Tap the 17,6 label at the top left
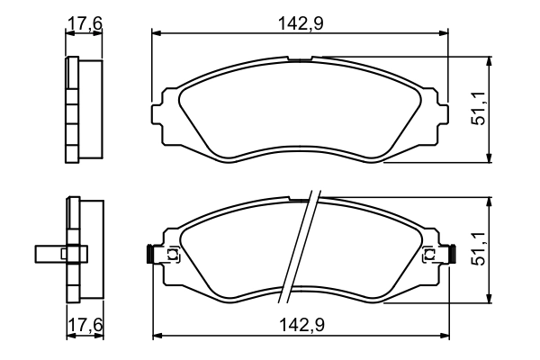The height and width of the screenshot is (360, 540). (x=85, y=23)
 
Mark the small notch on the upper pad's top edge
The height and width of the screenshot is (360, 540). (x=300, y=59)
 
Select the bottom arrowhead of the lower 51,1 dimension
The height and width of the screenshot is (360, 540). (x=490, y=299)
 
